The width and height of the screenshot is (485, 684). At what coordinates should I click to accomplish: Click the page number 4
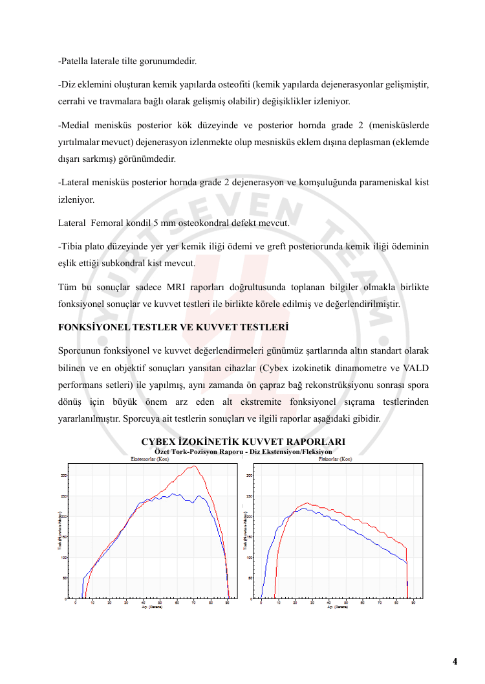click(455, 661)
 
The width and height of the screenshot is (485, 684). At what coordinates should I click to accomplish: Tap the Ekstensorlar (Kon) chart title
click(150, 459)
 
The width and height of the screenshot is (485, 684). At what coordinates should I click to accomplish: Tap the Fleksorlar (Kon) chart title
click(335, 459)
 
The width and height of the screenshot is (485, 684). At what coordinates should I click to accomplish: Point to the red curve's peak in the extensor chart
click(193, 466)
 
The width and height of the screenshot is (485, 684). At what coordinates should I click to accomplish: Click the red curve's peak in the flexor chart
click(307, 503)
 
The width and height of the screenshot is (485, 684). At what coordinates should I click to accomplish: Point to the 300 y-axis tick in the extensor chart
click(63, 475)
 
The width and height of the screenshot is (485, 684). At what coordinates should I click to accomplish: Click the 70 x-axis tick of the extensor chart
click(193, 603)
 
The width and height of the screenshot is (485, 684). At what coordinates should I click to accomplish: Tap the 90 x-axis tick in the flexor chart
click(413, 603)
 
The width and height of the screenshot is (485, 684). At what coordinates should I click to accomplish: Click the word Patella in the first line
click(75, 62)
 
